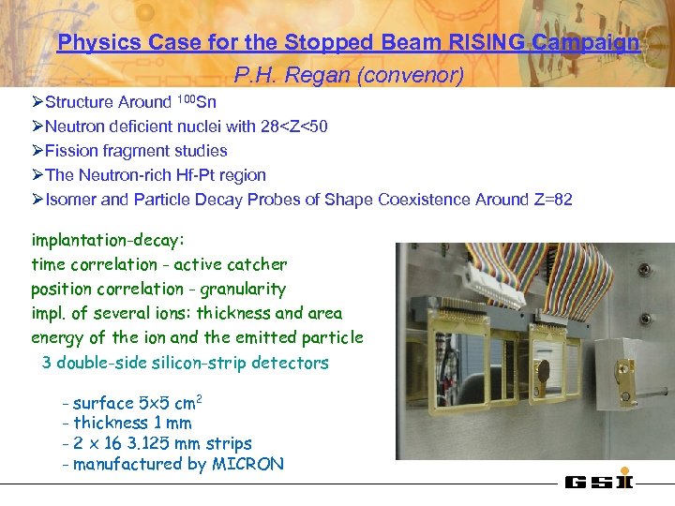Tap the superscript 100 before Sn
(186, 98)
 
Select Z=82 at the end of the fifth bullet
(550, 199)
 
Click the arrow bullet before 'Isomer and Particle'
(37, 200)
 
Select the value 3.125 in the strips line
(157, 443)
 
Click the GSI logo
(599, 482)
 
